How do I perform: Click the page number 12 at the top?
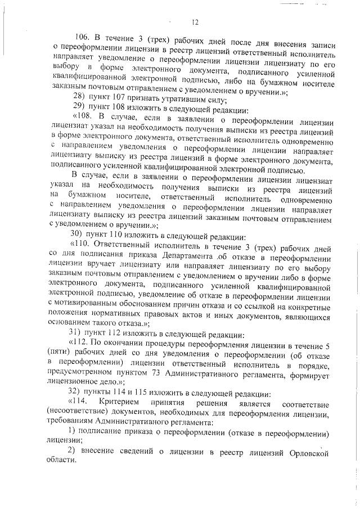pos(195,22)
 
